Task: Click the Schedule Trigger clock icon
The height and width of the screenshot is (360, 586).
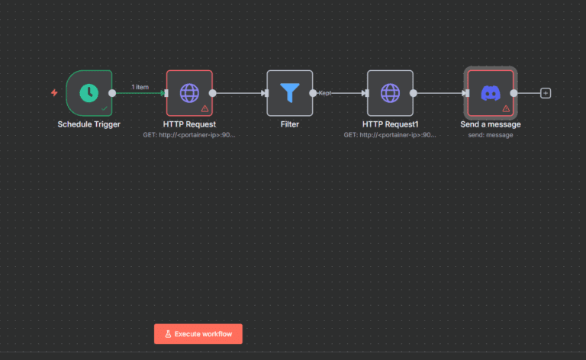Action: (x=89, y=92)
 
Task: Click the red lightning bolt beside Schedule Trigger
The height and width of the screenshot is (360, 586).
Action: (x=54, y=93)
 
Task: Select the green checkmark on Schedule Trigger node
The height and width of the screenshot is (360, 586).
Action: (x=105, y=109)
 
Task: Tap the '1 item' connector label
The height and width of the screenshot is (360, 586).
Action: (x=140, y=87)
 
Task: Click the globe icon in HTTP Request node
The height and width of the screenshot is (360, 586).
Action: (x=189, y=93)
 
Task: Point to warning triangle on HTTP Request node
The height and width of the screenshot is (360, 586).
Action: (x=204, y=109)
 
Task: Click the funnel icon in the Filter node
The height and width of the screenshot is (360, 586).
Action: (x=289, y=93)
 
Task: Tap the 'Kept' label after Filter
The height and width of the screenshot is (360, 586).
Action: (x=325, y=93)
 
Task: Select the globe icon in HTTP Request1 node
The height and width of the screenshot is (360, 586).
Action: (x=390, y=93)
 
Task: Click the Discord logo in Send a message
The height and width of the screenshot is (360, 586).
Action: (x=490, y=93)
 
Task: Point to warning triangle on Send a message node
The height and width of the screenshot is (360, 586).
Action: (x=505, y=109)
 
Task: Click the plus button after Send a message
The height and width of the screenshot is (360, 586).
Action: (x=546, y=93)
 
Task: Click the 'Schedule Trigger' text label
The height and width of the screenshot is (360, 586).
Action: (x=89, y=124)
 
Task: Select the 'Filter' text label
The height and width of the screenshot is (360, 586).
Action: (x=289, y=124)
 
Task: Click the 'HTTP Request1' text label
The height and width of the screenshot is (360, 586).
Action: (x=390, y=124)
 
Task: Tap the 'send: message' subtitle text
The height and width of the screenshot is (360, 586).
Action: (x=491, y=134)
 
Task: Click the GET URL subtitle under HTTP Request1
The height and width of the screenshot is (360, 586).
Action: (x=390, y=134)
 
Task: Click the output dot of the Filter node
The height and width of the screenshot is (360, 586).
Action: (x=313, y=93)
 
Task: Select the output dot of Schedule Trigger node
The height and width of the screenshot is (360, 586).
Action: (x=113, y=93)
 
